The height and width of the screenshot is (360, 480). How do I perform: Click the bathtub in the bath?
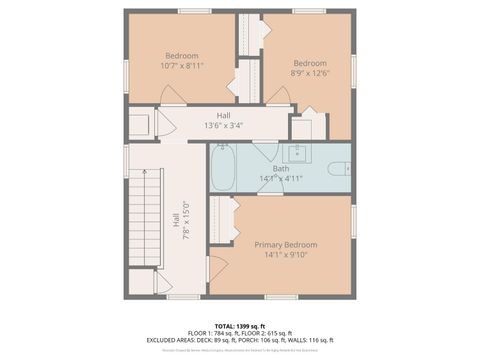[x=221, y=166]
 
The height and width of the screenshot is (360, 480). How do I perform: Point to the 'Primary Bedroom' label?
[x=285, y=245]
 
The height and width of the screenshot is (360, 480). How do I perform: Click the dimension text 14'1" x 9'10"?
[x=285, y=255]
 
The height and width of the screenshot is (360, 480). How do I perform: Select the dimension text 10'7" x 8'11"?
[x=182, y=65]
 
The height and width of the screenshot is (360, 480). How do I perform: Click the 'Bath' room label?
[x=281, y=169]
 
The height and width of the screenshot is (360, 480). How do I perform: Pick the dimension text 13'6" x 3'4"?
[x=224, y=125]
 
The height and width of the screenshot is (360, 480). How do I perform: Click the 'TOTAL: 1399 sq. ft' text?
[x=240, y=325]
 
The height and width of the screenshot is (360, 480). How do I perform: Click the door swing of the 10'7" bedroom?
[x=171, y=94]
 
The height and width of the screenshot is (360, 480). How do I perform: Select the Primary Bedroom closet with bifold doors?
[x=222, y=220]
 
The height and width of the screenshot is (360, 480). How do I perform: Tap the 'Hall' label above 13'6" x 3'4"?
[x=224, y=115]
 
